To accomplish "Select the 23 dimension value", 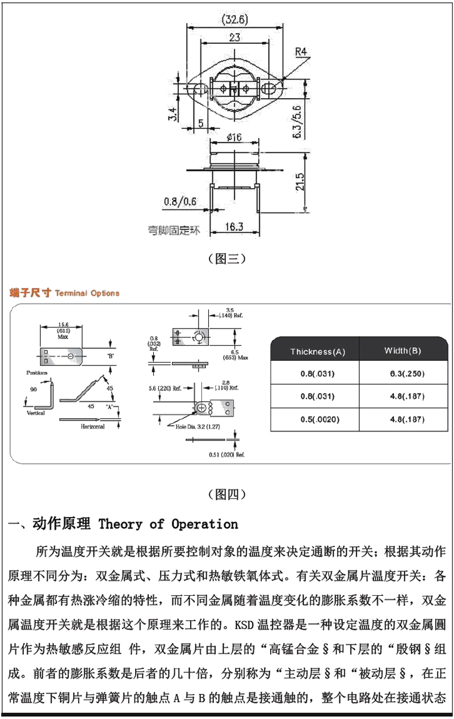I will point(234,39).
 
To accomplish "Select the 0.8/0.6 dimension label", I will point(180,201).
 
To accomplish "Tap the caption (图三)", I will point(227,259).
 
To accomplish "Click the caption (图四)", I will point(227,494).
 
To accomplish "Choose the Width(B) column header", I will point(402,351).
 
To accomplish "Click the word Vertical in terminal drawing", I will point(35,413).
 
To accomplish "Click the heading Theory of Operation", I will point(169,523).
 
